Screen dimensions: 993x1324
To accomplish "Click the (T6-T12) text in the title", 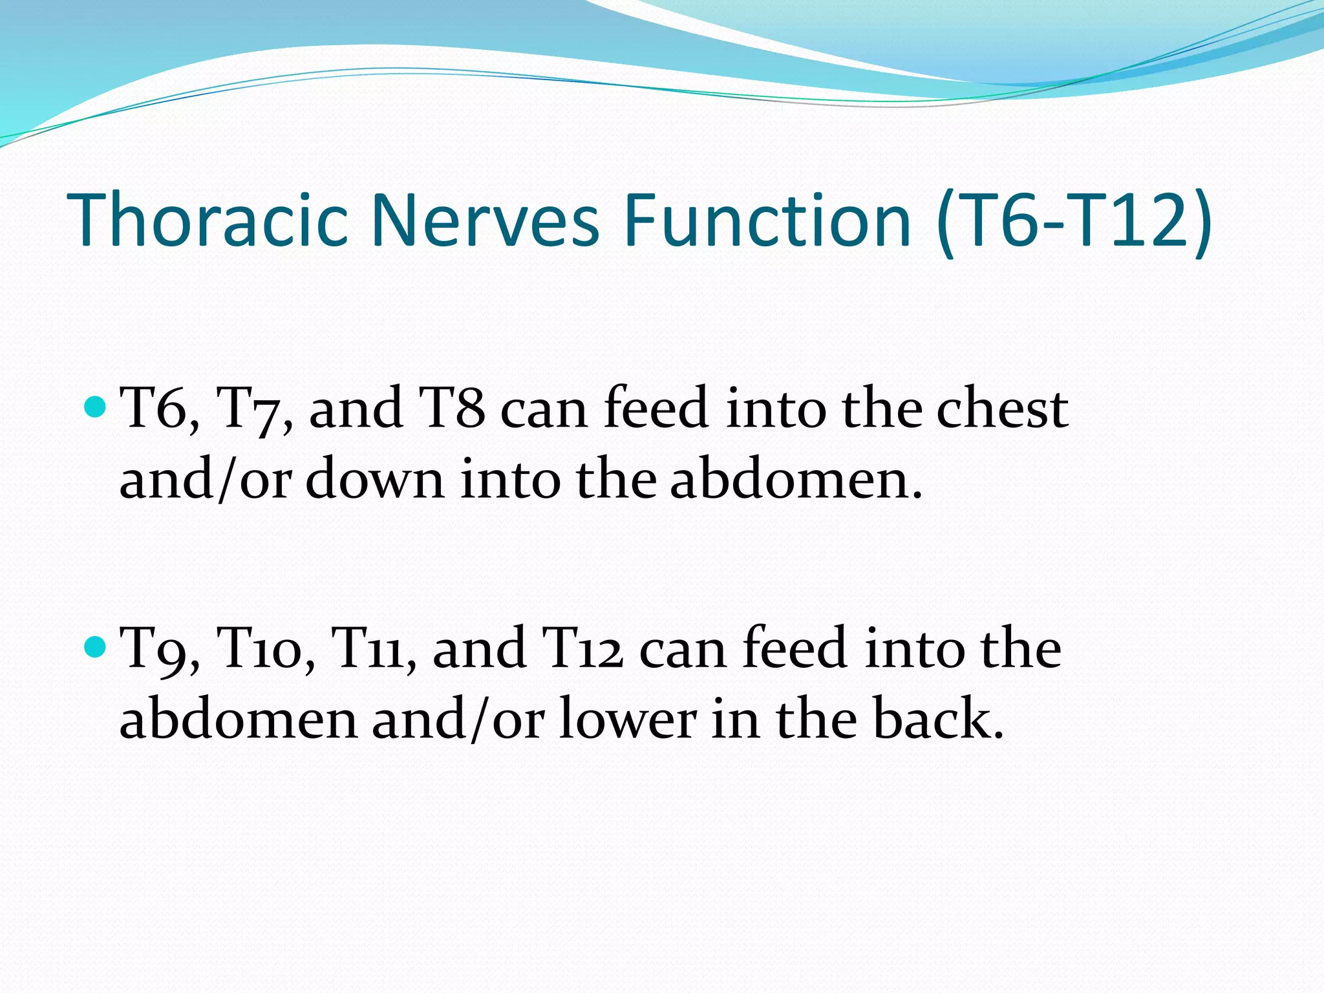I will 1073,221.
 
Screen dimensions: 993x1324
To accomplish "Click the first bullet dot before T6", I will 95,407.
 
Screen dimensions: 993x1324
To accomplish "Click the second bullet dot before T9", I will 95,646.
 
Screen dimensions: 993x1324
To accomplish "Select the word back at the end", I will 937,719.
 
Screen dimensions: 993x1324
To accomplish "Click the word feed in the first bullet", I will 656,409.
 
